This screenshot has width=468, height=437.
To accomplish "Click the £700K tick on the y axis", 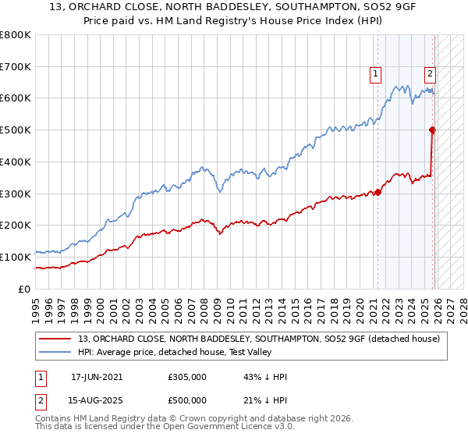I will point(16,66).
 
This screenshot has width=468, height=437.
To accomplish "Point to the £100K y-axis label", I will point(16,257).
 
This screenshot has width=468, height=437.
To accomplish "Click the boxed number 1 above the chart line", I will point(375,74).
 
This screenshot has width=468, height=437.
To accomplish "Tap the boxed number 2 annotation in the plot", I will point(430,74).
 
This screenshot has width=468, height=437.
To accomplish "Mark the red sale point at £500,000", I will point(433,130).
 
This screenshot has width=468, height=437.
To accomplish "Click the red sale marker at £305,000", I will point(378,192).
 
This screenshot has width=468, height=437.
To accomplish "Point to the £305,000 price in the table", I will point(186,377).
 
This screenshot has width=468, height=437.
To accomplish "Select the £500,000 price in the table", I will point(186,400).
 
